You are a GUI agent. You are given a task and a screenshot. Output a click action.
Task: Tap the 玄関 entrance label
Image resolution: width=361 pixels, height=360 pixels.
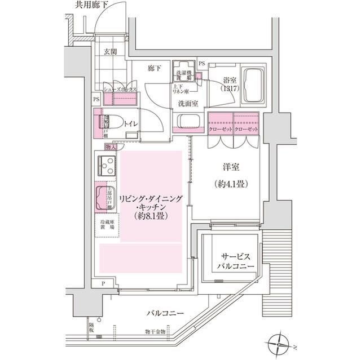pos(110,52)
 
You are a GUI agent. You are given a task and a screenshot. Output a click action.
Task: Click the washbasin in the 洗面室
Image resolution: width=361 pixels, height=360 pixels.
pos(186,122)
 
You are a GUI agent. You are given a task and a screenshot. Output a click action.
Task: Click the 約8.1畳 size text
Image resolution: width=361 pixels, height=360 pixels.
pos(151,216)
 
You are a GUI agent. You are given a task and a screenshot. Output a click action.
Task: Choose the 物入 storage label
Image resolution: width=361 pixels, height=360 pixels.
pos(111,147)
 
